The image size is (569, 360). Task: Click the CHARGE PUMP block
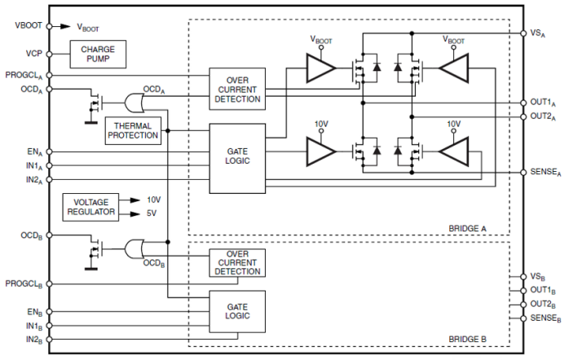(98, 55)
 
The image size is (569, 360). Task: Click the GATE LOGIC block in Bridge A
(237, 157)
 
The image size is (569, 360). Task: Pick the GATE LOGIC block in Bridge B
(236, 310)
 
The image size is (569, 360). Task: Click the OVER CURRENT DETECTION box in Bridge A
(236, 88)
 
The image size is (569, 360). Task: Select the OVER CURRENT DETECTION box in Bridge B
(236, 262)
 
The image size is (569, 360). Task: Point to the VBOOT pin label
(28, 25)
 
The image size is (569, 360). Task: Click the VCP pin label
(33, 55)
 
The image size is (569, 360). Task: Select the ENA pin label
(33, 151)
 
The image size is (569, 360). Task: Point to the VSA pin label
(538, 33)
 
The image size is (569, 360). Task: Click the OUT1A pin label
(542, 103)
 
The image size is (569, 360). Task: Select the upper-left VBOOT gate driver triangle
(319, 69)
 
